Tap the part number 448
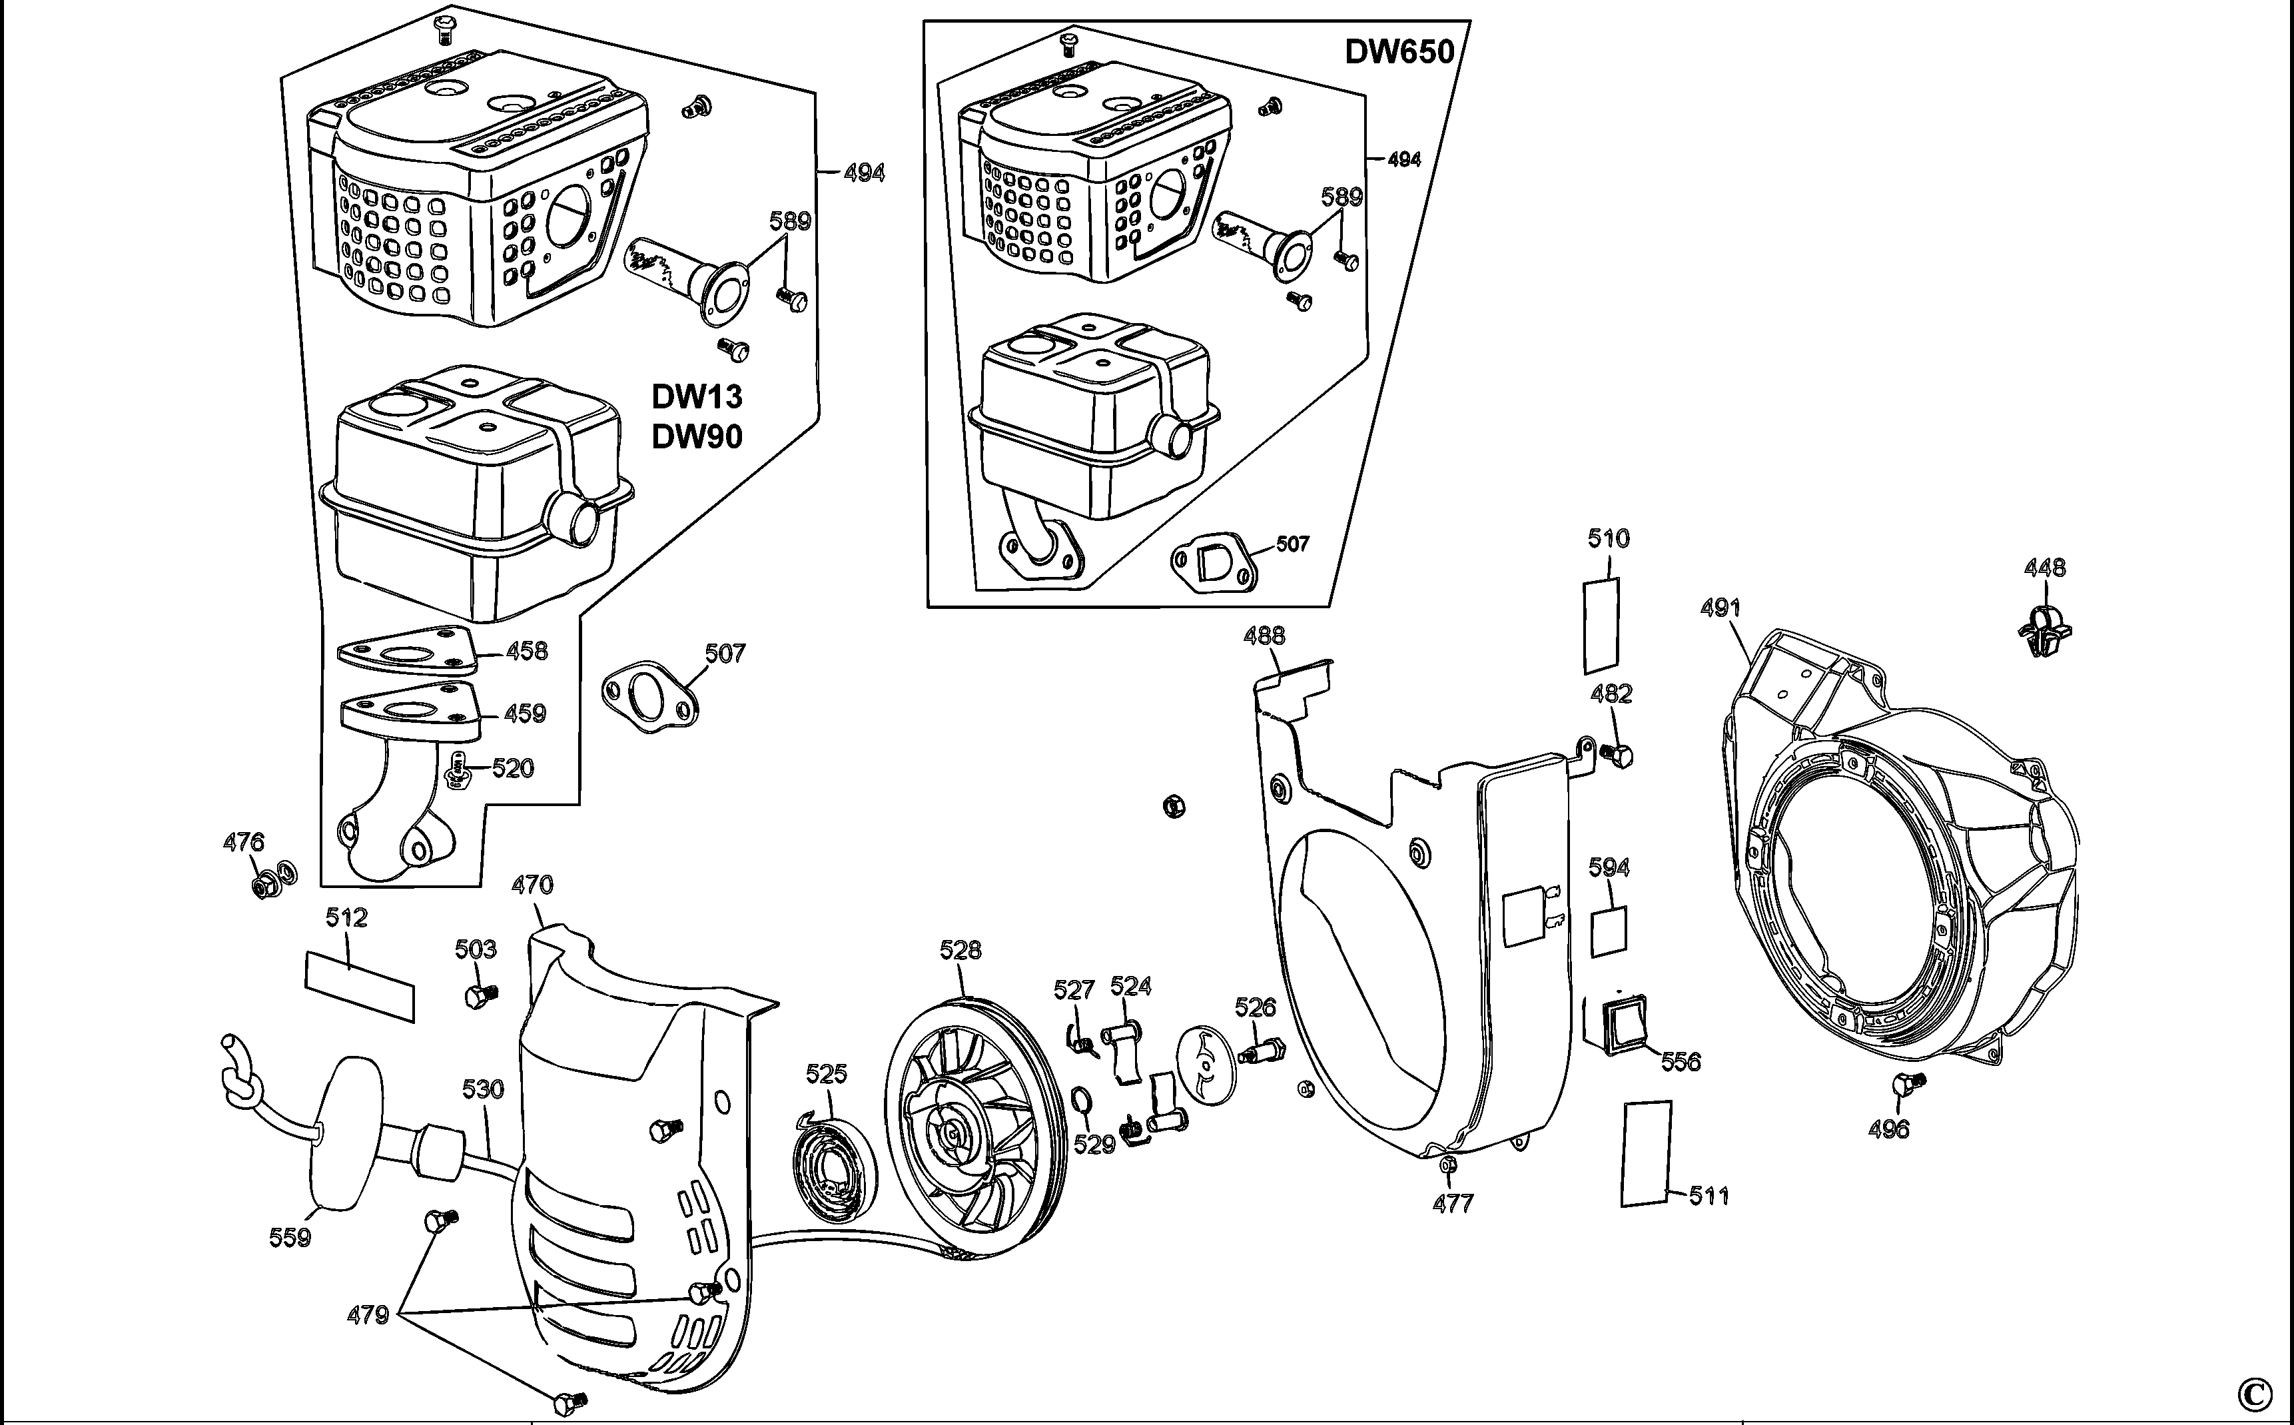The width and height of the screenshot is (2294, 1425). click(2044, 568)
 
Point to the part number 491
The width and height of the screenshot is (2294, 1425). click(1720, 609)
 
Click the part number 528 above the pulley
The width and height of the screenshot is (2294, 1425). click(960, 950)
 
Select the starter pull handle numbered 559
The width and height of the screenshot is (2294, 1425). click(346, 1143)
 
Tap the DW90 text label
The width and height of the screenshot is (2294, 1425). click(697, 436)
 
